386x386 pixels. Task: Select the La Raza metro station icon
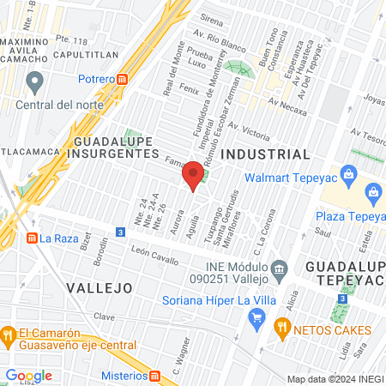coord(32,238)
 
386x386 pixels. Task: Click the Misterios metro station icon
coord(155,375)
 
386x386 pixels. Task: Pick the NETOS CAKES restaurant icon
coord(280,329)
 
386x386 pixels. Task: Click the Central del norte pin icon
coord(34,82)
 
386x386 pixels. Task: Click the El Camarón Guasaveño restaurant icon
coord(8,333)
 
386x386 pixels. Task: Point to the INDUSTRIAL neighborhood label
coord(265,154)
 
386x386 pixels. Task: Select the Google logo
coord(28,376)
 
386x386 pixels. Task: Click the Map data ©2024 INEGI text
coord(335,379)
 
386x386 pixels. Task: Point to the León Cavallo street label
coord(155,256)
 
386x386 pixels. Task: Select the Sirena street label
coord(211,18)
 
